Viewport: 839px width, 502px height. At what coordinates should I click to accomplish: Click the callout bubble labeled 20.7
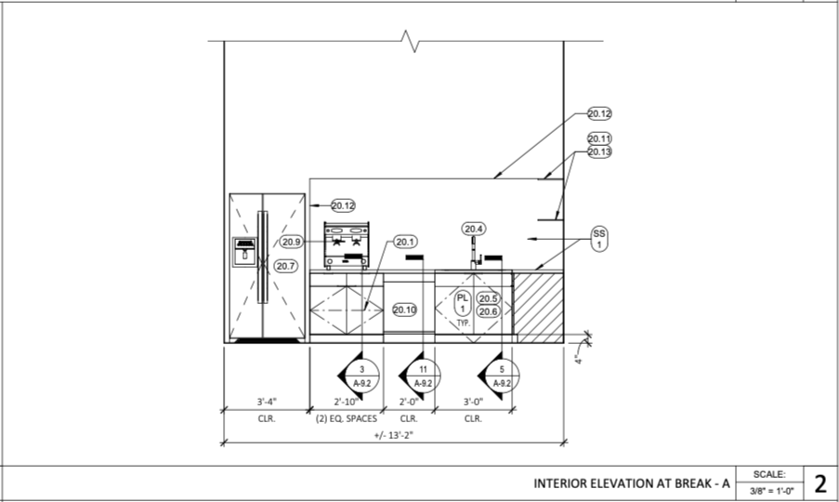tap(286, 266)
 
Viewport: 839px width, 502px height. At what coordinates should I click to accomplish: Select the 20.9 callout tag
tap(291, 242)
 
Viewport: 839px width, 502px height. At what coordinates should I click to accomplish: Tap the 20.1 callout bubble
tap(405, 242)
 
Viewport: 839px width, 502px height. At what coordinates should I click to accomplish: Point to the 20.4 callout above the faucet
tap(474, 229)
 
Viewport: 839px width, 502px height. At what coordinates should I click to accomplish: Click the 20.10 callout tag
tap(404, 310)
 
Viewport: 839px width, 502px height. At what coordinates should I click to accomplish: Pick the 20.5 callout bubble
tap(488, 298)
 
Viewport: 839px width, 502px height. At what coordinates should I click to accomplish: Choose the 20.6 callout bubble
tap(488, 311)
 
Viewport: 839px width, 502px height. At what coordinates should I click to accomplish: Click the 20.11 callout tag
tap(599, 139)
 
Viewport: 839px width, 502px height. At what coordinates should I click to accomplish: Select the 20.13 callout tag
tap(599, 152)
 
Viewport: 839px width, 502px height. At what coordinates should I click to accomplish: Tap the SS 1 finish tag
tap(599, 239)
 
